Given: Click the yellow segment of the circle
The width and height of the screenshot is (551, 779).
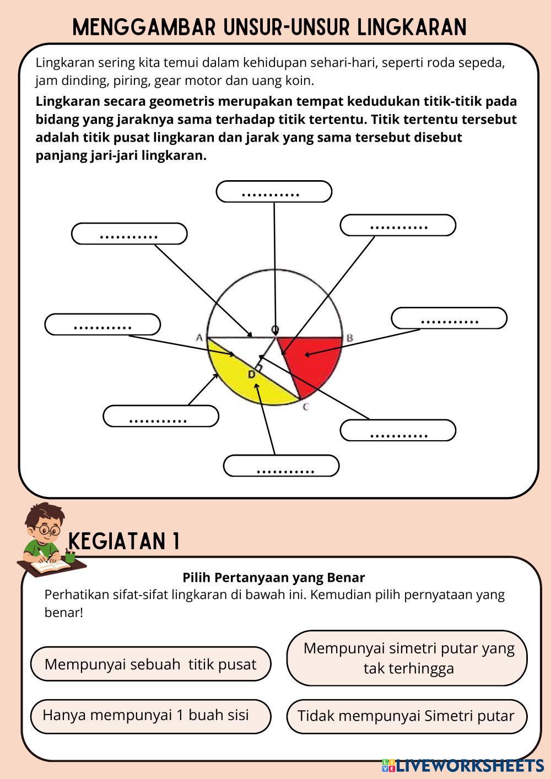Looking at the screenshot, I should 248,386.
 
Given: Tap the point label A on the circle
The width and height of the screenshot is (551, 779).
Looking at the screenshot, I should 199,337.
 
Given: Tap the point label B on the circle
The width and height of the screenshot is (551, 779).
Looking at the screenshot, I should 349,337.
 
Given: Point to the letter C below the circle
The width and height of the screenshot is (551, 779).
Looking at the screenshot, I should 306,407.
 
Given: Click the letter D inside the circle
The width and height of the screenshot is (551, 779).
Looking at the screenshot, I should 251,375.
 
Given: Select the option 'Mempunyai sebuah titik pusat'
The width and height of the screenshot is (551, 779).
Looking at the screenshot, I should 150,664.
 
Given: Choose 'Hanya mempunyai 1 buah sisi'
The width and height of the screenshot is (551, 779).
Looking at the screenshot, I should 150,716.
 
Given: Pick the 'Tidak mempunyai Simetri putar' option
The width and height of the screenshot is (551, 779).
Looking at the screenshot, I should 407,716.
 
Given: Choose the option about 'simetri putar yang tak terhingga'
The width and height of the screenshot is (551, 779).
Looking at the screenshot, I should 407,658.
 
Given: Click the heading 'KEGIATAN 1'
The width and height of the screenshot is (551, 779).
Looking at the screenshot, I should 125,541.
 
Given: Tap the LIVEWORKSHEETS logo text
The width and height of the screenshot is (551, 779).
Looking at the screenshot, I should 463,765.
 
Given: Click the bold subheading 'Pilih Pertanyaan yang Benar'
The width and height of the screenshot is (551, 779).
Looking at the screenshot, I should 273,577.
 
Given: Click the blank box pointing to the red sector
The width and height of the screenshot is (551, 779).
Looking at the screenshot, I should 449,318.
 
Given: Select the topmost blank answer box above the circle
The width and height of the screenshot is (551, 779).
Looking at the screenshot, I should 274,192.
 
